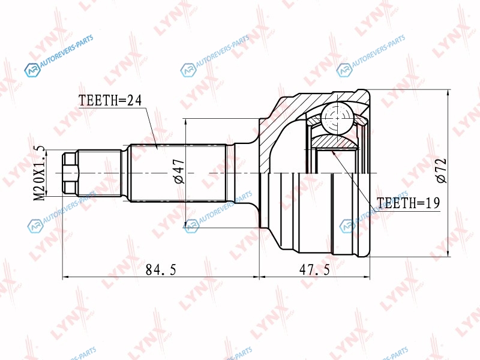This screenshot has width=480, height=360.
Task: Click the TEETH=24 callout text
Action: point(110,100)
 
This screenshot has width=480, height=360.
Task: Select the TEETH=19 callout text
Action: point(408,203)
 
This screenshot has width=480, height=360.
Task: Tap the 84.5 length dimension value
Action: point(161,269)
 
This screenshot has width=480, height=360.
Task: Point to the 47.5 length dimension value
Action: point(314,269)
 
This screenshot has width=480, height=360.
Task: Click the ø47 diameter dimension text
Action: point(179,171)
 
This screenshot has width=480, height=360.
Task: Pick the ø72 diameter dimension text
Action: point(442,170)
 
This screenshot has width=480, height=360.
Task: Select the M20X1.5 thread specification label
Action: point(39,173)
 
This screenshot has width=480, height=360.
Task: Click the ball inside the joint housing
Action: point(337,118)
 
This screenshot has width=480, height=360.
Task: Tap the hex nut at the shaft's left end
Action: point(70,173)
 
